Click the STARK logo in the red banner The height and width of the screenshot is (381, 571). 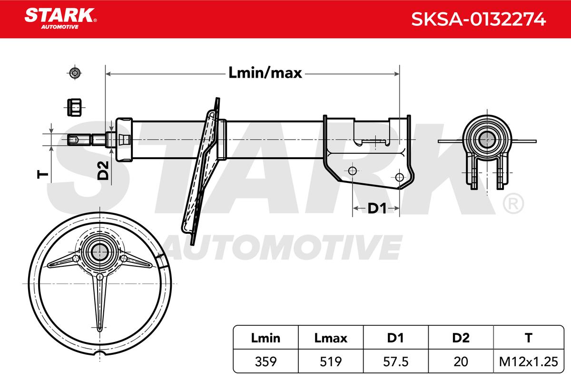pos(60,19)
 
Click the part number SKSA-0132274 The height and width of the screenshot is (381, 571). pos(479,20)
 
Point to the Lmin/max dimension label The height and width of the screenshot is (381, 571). pos(265,73)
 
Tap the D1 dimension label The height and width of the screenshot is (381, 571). pos(377,209)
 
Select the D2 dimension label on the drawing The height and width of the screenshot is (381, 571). pos(103,170)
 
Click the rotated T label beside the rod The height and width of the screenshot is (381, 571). pos(42,175)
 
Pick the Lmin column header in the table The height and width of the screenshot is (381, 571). pos(266,338)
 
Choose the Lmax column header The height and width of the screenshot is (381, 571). pos(331,338)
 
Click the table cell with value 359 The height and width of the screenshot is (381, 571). pos(266,361)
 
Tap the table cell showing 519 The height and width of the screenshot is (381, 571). pos(331,361)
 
